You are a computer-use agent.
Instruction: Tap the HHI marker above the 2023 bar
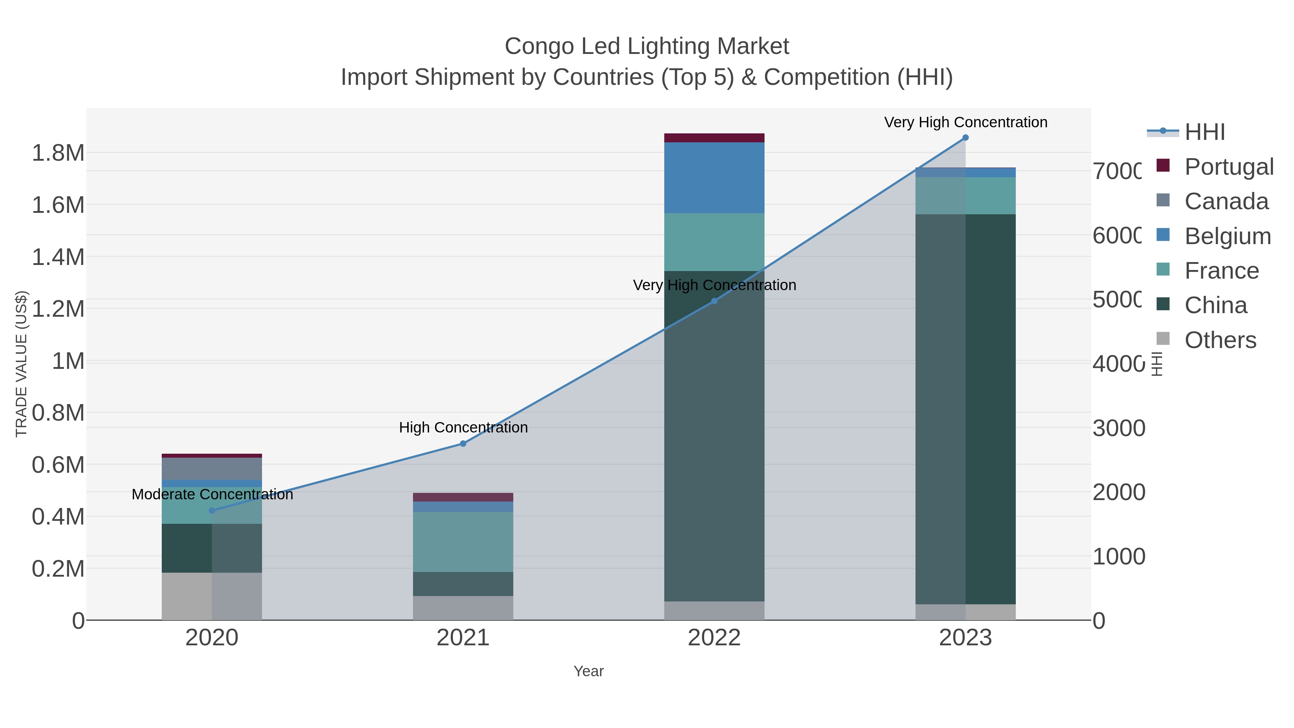(965, 138)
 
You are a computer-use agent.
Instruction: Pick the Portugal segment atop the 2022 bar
(714, 138)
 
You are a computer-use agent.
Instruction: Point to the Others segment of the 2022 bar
(714, 610)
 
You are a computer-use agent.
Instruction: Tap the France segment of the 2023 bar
(965, 196)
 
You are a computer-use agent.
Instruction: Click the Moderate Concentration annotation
(212, 494)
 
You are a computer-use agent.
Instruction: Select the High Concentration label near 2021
(463, 427)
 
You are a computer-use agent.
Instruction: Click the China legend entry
(1215, 305)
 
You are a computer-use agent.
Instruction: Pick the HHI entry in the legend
(1204, 132)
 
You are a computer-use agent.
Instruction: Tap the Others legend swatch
(1163, 339)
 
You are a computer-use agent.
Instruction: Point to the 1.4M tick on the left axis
(58, 257)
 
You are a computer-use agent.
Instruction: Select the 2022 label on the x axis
(714, 638)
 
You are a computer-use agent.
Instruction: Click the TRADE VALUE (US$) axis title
(21, 364)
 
